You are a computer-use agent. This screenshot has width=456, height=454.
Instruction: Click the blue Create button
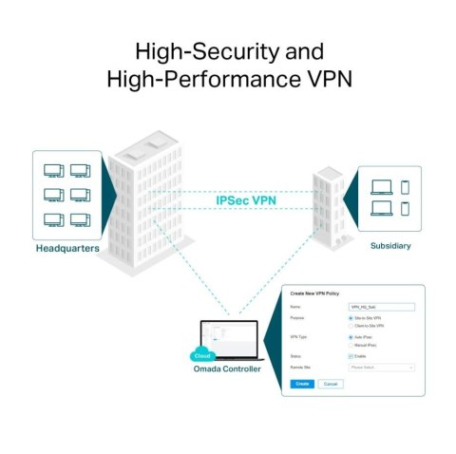tap(301, 383)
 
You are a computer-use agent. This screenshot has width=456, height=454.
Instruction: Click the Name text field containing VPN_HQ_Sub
tap(382, 307)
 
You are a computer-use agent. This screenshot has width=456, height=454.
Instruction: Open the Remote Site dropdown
tap(382, 366)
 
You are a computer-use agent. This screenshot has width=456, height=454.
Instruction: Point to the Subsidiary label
tap(390, 245)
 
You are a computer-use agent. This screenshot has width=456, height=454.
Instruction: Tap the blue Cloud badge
tap(202, 355)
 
